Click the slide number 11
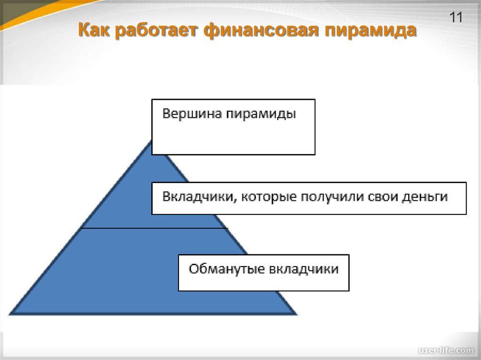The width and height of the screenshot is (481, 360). [x=456, y=18]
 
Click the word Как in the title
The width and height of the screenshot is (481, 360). [x=93, y=31]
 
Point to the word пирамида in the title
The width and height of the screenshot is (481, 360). [x=371, y=31]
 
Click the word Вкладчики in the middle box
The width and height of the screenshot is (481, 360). [x=197, y=197]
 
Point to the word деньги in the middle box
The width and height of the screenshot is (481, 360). [x=425, y=198]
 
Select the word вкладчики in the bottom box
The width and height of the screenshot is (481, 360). [x=303, y=269]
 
